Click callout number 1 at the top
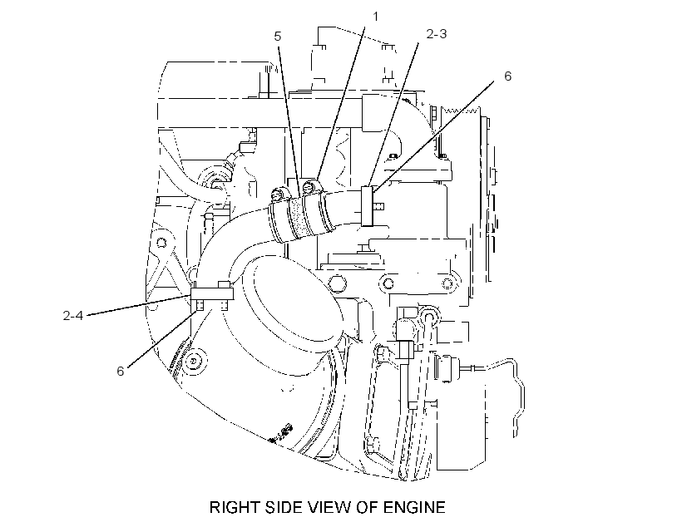pos(376,17)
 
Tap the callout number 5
pos(278,36)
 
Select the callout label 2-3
pos(437,34)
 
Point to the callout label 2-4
pos(72,315)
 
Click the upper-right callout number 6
pos(508,76)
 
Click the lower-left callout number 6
pos(121,371)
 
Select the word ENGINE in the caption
pos(414,507)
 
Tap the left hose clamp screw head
pos(277,194)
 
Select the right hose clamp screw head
pos(309,186)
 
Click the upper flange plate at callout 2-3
pos(368,206)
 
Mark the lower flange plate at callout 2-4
pos(212,294)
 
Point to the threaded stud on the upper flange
pos(378,205)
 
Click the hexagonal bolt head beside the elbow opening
pos(338,284)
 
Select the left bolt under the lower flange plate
pos(200,305)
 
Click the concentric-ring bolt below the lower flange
pos(193,362)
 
